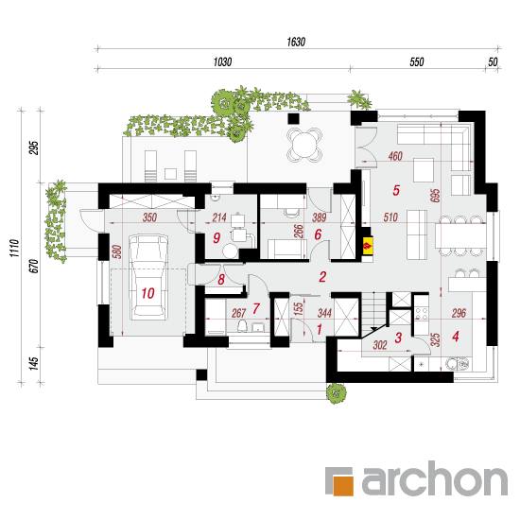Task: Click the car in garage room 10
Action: tap(147, 277)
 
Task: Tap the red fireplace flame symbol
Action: tap(368, 246)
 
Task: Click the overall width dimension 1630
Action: tap(296, 42)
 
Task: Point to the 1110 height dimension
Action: tap(14, 248)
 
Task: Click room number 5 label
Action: tap(396, 190)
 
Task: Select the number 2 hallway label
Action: tap(322, 277)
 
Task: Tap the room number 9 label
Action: tap(217, 237)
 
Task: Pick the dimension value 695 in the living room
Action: tap(436, 196)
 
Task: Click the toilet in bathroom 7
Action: tap(243, 326)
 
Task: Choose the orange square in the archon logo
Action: tap(343, 486)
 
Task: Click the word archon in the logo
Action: tap(434, 478)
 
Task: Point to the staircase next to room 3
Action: tap(373, 313)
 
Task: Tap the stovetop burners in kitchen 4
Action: tap(422, 314)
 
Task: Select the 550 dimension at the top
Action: tap(417, 61)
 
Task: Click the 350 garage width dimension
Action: tap(149, 217)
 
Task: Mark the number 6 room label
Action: tap(318, 234)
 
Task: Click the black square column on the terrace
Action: tap(293, 118)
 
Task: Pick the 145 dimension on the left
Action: tap(33, 364)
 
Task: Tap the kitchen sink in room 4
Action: tap(458, 364)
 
